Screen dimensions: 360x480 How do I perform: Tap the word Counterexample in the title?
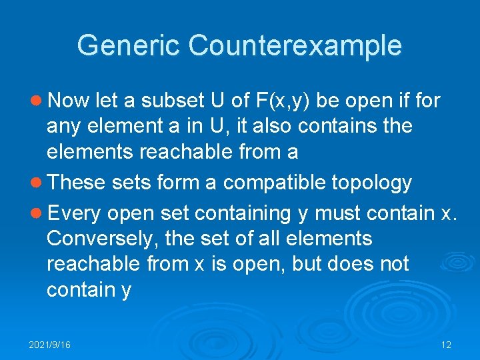pos(295,46)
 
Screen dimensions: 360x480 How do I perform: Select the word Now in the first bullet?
pos(69,101)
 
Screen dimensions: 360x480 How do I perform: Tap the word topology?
pos(374,182)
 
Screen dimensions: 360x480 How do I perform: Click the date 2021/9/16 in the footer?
pos(49,345)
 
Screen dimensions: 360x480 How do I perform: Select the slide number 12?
pos(446,345)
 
